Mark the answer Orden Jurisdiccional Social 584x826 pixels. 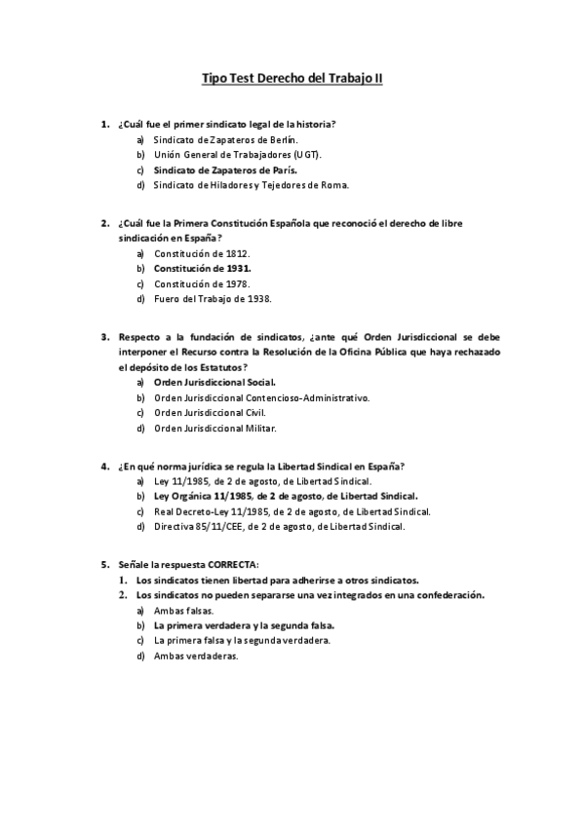pos(214,382)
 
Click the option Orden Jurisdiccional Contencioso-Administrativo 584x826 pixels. pos(262,397)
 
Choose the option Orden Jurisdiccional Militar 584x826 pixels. pos(215,428)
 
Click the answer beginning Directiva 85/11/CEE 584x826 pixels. pos(279,526)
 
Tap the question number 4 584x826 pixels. pos(104,466)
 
